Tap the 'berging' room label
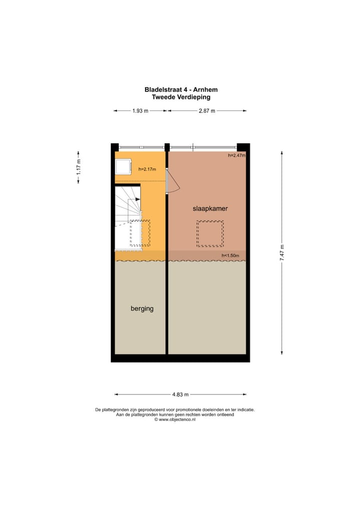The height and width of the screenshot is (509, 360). tap(142, 308)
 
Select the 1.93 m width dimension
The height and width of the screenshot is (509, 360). tap(140, 111)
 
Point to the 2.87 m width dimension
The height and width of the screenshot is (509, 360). tap(206, 111)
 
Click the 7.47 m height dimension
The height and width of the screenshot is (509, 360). tap(282, 252)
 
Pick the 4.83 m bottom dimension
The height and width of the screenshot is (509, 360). tap(180, 394)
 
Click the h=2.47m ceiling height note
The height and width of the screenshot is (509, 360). tap(236, 156)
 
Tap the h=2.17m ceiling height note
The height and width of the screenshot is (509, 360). tap(147, 169)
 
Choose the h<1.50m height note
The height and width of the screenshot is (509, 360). tap(230, 256)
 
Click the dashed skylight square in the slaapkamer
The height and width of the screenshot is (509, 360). tap(210, 233)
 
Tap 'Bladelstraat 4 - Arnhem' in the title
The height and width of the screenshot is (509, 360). tap(181, 90)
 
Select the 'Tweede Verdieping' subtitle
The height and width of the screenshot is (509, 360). tap(181, 97)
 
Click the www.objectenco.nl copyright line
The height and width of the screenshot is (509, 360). tap(174, 419)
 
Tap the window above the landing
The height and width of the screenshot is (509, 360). tap(142, 147)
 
